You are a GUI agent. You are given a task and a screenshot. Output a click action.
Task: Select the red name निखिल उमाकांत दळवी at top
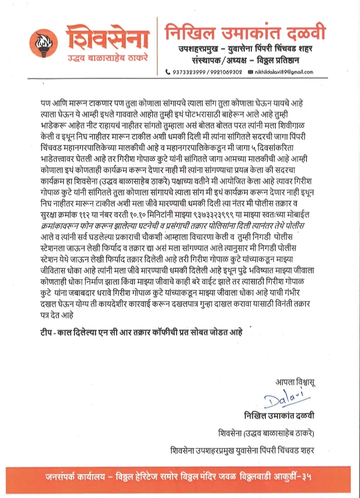click(x=245, y=34)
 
